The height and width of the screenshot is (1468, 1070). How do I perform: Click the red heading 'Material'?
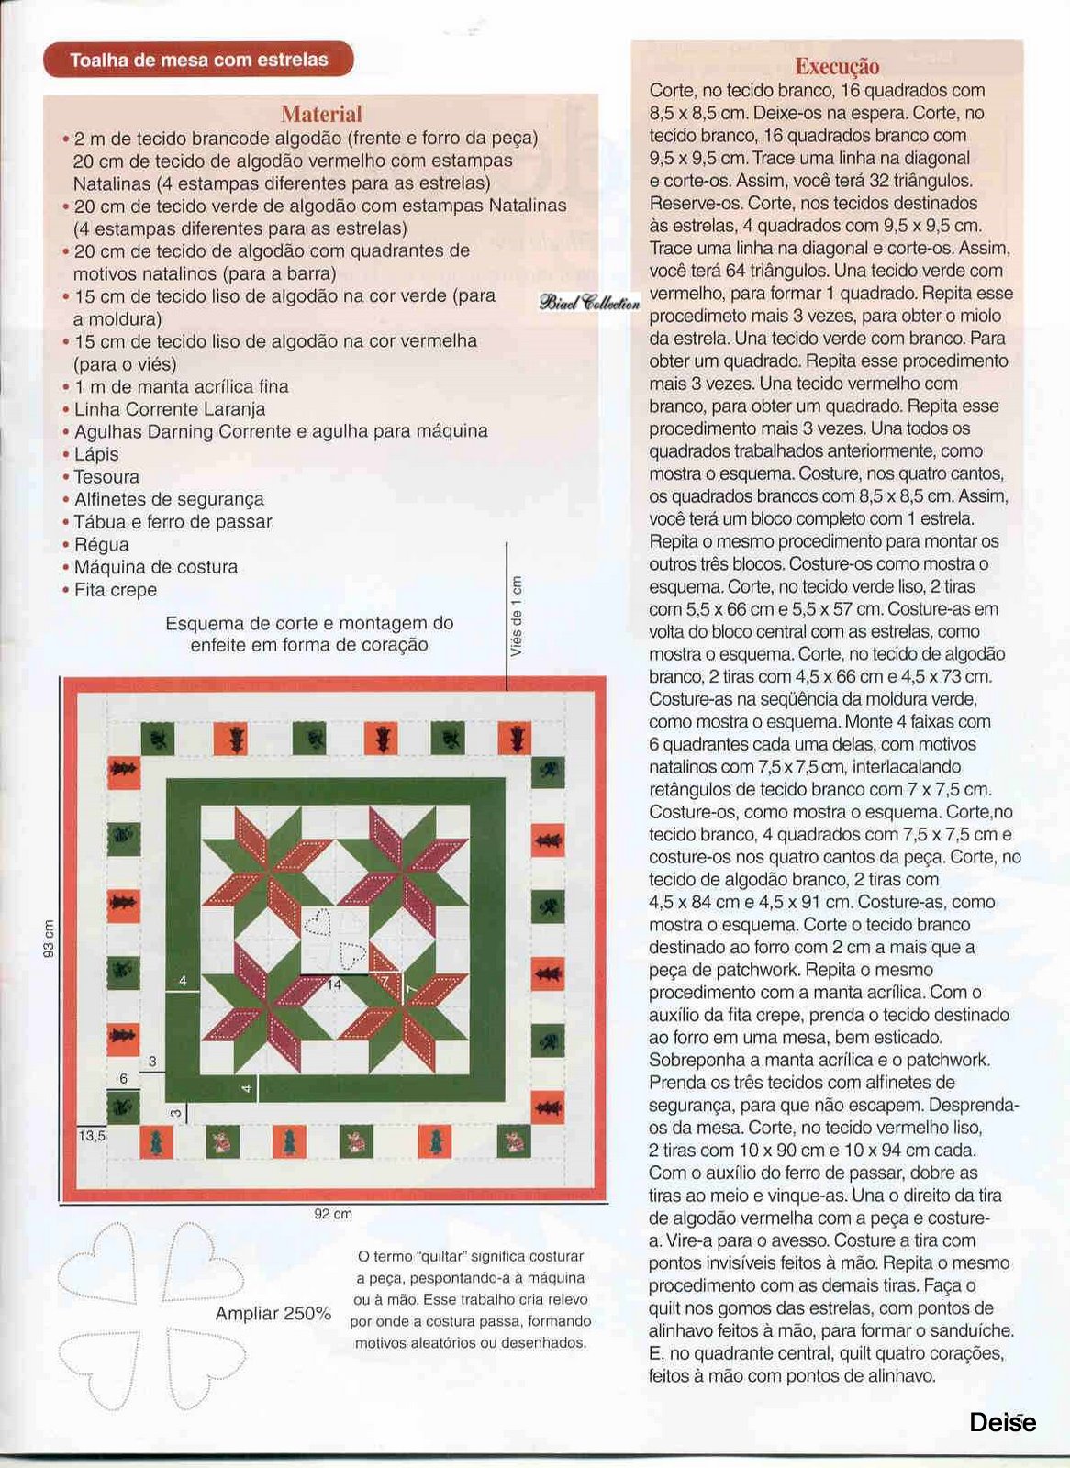click(321, 115)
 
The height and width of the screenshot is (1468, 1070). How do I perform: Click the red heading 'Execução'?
click(836, 66)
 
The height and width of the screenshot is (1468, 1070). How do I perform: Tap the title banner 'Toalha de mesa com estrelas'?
click(198, 61)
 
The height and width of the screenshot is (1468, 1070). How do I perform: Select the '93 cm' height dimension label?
click(50, 938)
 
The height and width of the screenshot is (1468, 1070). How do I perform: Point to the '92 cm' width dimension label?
click(333, 1214)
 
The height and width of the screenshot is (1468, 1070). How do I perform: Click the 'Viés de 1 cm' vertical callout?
click(517, 617)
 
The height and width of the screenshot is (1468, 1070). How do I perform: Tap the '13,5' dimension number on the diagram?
click(92, 1135)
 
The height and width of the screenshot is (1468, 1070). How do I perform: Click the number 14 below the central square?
click(334, 984)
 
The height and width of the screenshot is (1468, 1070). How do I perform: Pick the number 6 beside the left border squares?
click(124, 1078)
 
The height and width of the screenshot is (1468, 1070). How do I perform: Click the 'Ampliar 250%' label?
click(273, 1313)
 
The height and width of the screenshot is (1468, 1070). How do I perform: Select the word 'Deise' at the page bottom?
click(1002, 1422)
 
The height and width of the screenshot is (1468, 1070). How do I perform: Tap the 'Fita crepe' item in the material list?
click(115, 590)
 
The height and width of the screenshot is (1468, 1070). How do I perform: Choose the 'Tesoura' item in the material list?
click(106, 477)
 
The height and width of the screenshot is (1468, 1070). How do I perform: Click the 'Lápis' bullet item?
click(96, 454)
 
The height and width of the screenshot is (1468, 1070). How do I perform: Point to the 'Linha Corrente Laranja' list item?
click(170, 409)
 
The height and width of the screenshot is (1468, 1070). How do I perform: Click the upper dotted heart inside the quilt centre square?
click(318, 920)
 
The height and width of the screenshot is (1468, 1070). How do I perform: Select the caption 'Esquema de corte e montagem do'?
click(309, 623)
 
